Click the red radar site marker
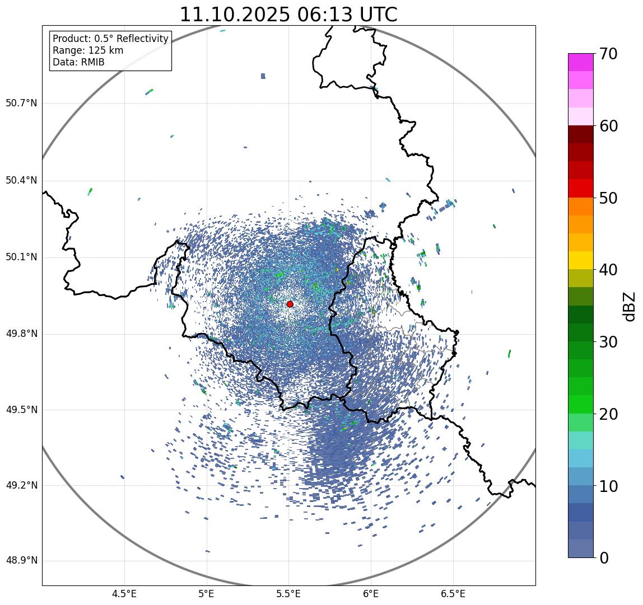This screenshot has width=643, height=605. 290,304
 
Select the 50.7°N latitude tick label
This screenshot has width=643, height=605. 21,103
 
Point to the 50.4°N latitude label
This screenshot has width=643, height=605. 21,180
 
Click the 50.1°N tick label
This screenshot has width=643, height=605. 21,257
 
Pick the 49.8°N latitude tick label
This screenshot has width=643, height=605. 21,334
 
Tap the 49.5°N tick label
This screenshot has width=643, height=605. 21,410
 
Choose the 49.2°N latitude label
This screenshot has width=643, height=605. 21,485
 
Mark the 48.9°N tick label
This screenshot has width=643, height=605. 21,561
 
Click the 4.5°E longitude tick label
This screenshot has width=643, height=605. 124,594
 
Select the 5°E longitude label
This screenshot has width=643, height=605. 207,594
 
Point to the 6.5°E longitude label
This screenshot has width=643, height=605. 453,594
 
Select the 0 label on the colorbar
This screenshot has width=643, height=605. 604,558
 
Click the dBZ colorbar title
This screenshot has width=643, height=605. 630,306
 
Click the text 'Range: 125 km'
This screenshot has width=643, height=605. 88,50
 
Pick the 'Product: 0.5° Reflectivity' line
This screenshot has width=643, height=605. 110,39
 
